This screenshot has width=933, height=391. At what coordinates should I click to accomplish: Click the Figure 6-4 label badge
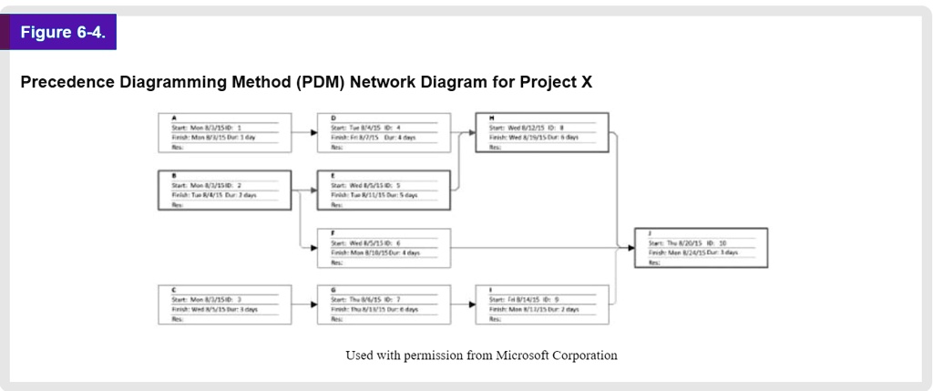coord(63,33)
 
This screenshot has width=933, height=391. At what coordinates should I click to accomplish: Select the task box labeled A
coord(224,132)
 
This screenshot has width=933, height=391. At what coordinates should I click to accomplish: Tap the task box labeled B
coord(224,190)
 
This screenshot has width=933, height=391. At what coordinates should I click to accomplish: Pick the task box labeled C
coord(224,304)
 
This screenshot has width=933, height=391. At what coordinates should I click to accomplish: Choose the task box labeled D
coord(384,132)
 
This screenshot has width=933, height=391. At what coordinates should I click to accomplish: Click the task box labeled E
coord(384,190)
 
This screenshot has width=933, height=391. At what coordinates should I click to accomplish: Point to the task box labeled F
coord(384,247)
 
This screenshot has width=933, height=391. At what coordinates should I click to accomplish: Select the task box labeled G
coord(384,304)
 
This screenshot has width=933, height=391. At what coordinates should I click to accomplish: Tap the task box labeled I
coord(542,304)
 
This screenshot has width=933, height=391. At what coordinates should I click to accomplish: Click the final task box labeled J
coord(701,247)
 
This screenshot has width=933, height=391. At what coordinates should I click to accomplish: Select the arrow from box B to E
coord(304,190)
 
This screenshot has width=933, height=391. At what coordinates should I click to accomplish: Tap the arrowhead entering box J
coord(631,247)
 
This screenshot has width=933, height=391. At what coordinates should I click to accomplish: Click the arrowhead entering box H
coord(472,132)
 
